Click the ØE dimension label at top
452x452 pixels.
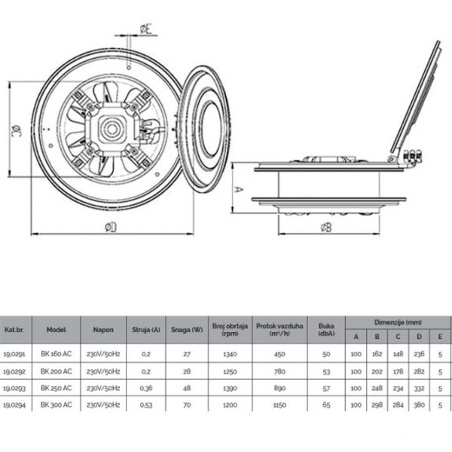click(x=145, y=29)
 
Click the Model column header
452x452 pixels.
click(x=56, y=329)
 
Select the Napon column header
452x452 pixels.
click(x=103, y=329)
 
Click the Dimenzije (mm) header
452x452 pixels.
click(x=398, y=322)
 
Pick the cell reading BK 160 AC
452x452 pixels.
click(x=56, y=353)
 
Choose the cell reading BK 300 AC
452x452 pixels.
click(x=56, y=405)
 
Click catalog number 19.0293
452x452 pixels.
click(x=16, y=387)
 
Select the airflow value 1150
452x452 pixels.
click(x=279, y=405)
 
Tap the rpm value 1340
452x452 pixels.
click(x=231, y=353)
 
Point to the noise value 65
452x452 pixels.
click(x=326, y=405)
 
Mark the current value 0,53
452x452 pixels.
click(x=146, y=405)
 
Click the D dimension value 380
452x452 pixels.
click(x=419, y=405)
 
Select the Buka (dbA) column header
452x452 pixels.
click(x=326, y=329)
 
